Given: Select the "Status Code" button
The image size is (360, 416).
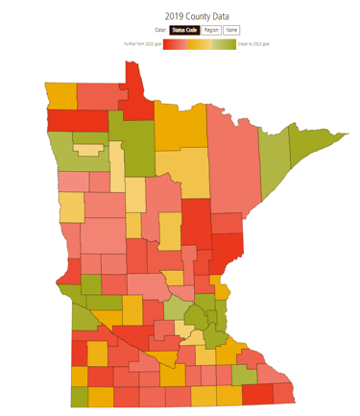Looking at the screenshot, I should (184, 31).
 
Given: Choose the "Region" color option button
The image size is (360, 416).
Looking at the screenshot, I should (211, 31).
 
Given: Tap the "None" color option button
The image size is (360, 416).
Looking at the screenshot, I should (231, 31).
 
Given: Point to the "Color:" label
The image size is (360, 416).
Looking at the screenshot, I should (160, 31).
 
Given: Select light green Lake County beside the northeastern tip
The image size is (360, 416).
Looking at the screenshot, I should (277, 163).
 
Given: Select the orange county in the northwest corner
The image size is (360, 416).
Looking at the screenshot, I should (60, 97).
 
